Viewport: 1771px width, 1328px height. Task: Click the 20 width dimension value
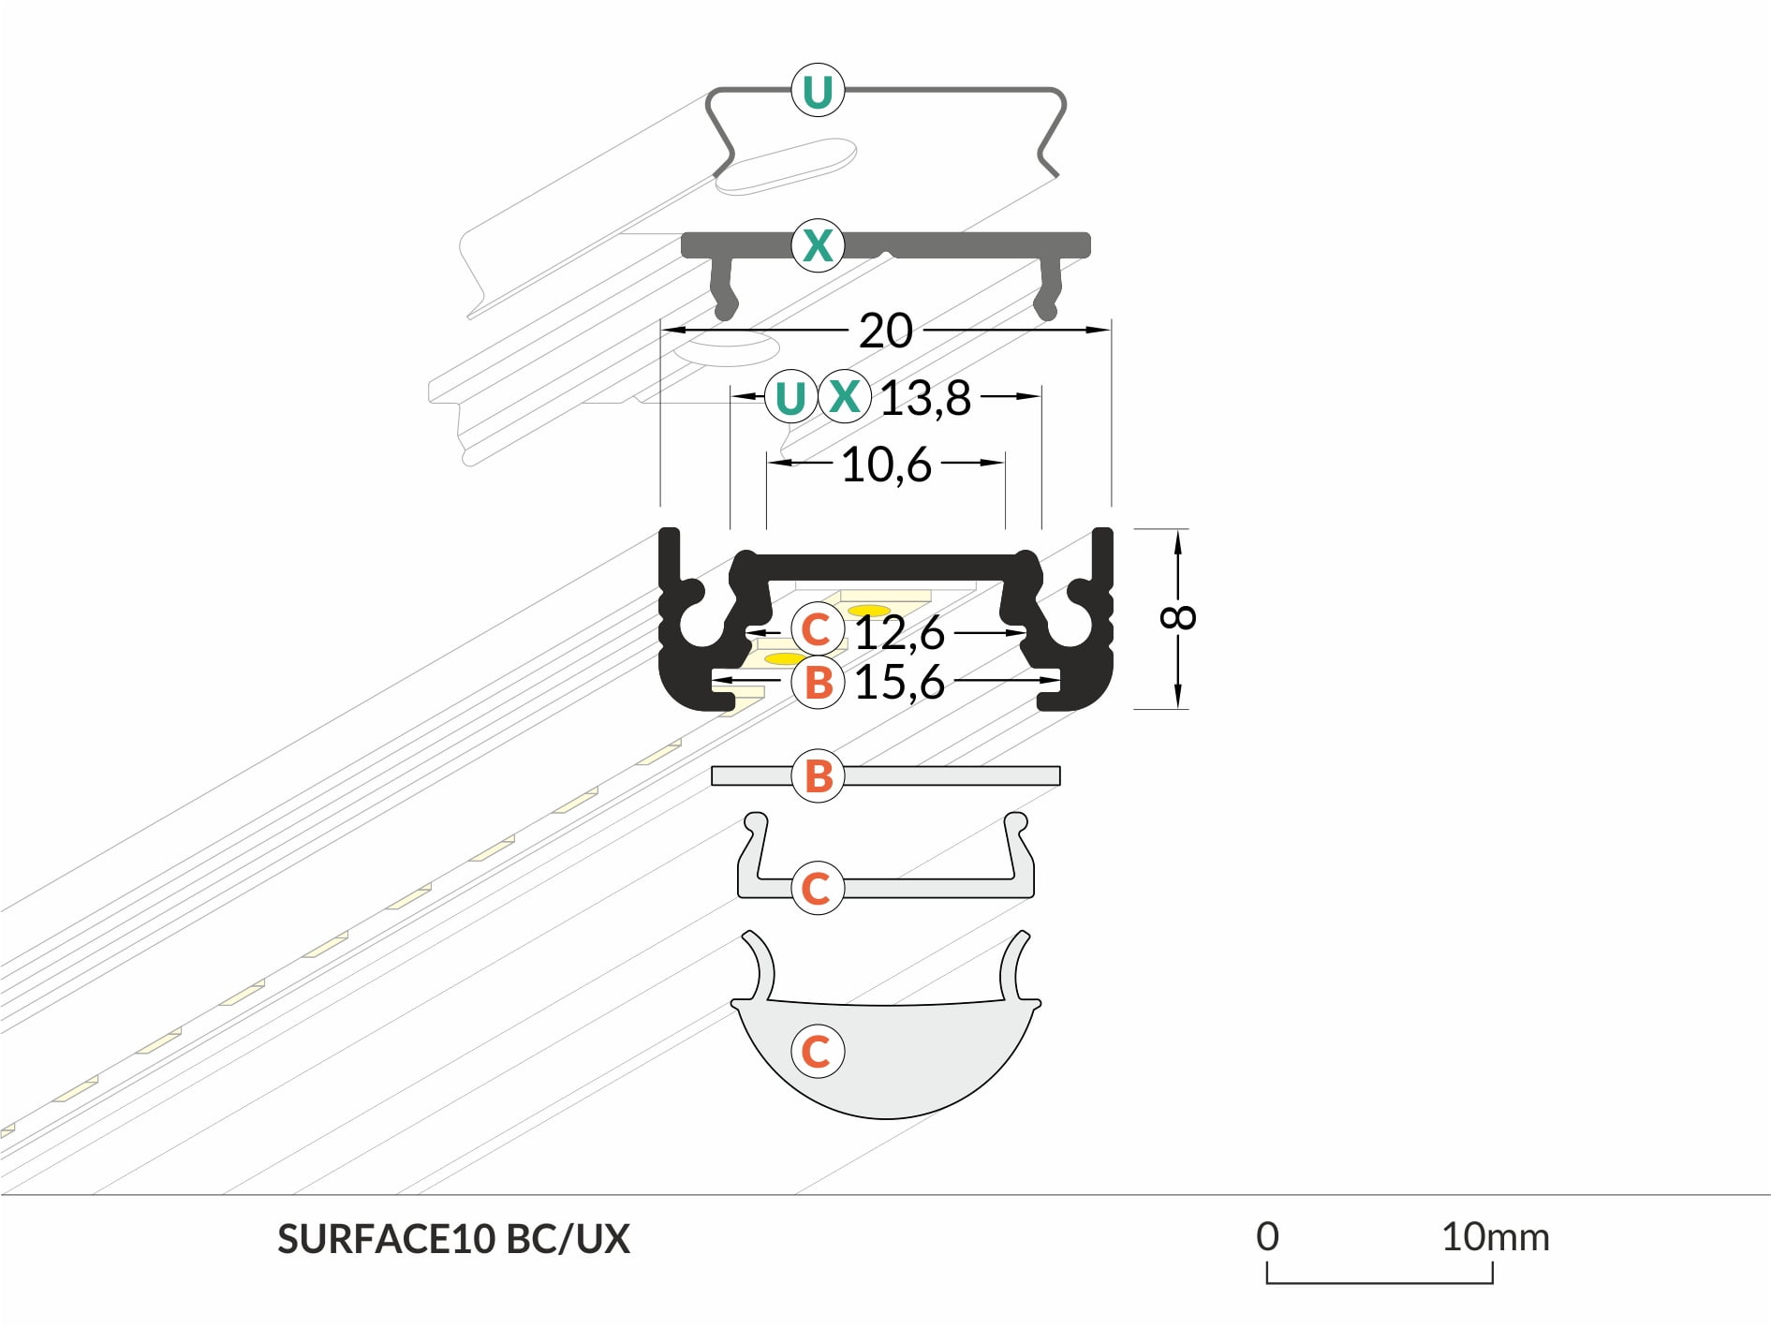(x=885, y=331)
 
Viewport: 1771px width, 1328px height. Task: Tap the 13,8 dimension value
(x=925, y=398)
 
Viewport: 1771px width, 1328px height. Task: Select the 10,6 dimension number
(x=886, y=465)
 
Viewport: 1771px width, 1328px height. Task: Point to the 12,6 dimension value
(x=899, y=632)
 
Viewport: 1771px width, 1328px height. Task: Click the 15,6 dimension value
(x=899, y=682)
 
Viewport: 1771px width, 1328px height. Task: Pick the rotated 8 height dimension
(x=1178, y=617)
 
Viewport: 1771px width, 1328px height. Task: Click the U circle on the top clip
(x=818, y=91)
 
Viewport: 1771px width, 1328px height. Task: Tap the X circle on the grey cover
(x=818, y=245)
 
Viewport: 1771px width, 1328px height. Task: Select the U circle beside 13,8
(x=791, y=397)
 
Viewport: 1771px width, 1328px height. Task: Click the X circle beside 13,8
(x=845, y=396)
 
